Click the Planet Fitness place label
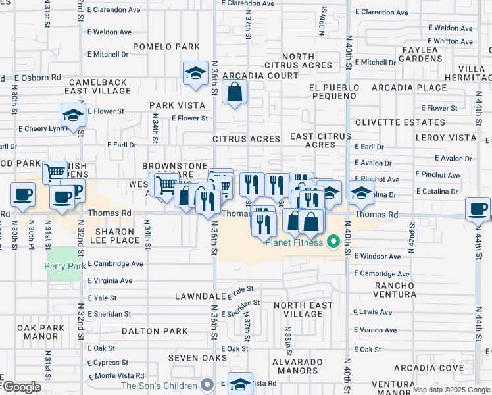294,242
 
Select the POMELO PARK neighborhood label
166,47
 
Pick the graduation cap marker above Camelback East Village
195,74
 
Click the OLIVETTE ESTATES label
400,122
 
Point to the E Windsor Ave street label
378,256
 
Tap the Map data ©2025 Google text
451,390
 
